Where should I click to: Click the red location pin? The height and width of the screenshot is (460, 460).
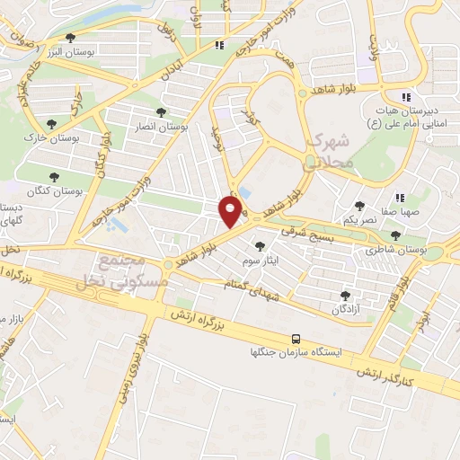231,212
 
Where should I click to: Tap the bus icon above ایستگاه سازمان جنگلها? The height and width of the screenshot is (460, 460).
296,339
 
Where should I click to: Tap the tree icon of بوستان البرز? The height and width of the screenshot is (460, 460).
70,38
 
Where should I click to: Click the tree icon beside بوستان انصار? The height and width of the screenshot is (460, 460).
161,113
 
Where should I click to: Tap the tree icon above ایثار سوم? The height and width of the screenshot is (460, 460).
261,245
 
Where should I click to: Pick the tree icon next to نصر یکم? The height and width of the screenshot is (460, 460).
360,206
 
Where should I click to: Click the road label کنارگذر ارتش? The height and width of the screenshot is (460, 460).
384,376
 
